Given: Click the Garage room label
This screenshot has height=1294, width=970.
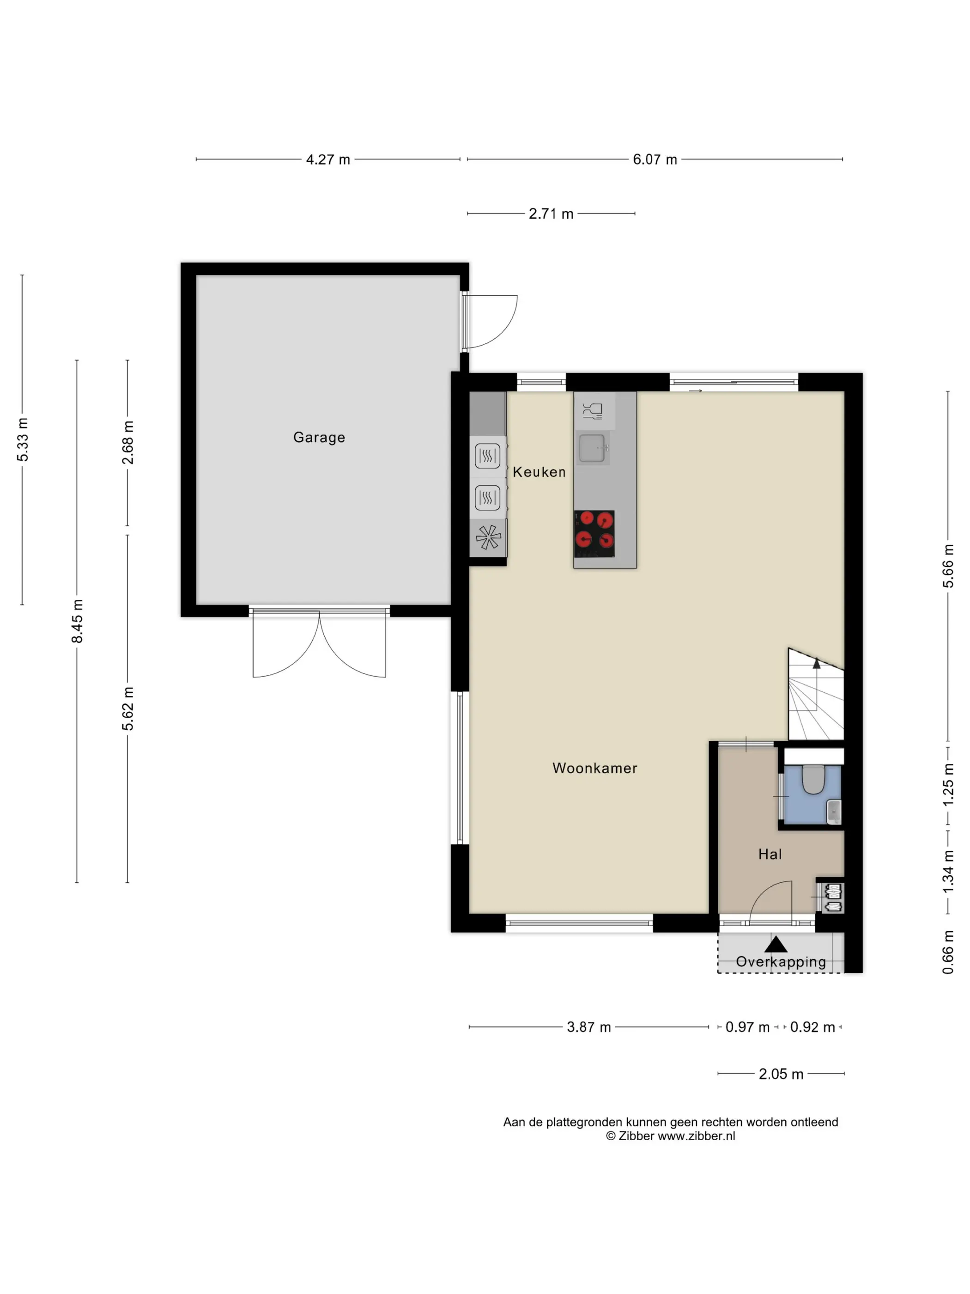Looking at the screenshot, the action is (x=319, y=438).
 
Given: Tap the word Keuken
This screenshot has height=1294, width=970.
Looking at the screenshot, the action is (x=539, y=472).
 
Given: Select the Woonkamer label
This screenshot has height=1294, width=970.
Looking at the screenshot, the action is (x=594, y=768).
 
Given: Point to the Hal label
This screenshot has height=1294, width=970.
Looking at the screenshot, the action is (x=770, y=854).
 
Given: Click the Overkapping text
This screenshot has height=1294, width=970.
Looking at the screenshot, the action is (x=781, y=962).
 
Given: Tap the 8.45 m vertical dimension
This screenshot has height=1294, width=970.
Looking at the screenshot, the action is (x=77, y=621).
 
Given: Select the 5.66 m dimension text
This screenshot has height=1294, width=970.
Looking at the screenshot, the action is (x=948, y=566).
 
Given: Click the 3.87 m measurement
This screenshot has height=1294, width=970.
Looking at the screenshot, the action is (x=589, y=1027).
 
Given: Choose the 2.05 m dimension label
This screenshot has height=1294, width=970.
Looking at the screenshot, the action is (x=781, y=1074).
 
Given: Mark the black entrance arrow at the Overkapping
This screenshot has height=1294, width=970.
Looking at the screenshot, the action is (x=776, y=944).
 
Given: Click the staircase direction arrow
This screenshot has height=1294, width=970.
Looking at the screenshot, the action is (x=816, y=663).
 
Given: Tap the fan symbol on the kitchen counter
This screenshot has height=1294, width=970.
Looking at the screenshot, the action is (x=488, y=537).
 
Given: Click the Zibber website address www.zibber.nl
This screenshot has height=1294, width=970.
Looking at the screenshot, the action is (x=697, y=1135).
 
